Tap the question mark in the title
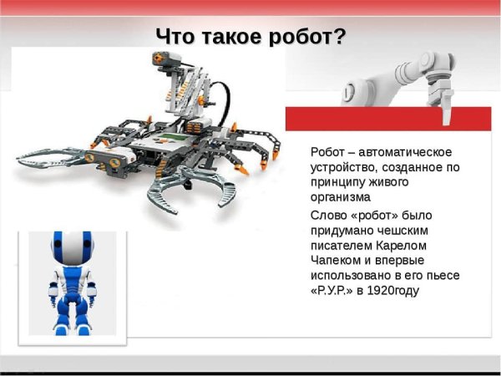tap(339, 37)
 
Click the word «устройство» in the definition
tap(342, 167)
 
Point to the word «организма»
tap(339, 198)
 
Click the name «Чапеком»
tap(340, 260)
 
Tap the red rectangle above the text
tap(392, 119)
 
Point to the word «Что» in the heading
tap(175, 38)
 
